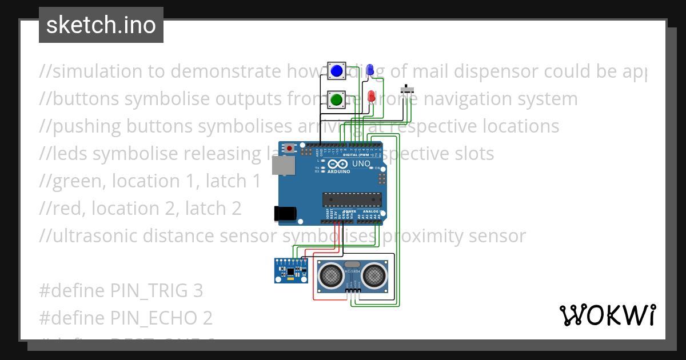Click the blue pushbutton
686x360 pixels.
pyautogui.click(x=336, y=71)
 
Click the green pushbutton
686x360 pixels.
pyautogui.click(x=336, y=100)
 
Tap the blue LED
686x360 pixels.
pyautogui.click(x=370, y=70)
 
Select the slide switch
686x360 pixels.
pyautogui.click(x=408, y=90)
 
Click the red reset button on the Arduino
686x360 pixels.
pyautogui.click(x=290, y=149)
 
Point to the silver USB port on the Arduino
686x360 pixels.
pyautogui.click(x=282, y=166)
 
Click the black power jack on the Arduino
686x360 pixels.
pyautogui.click(x=285, y=213)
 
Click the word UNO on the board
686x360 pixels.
pyautogui.click(x=361, y=164)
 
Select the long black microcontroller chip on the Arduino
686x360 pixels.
pyautogui.click(x=352, y=199)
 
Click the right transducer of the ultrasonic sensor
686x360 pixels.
pyautogui.click(x=373, y=276)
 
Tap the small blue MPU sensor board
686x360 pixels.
pyautogui.click(x=290, y=270)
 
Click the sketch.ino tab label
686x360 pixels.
pyautogui.click(x=101, y=25)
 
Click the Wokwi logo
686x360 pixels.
pyautogui.click(x=607, y=315)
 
